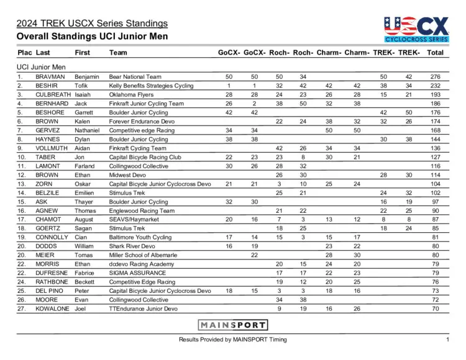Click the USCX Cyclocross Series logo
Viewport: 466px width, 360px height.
click(x=416, y=30)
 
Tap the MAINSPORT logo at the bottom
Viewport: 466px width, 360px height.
click(x=233, y=325)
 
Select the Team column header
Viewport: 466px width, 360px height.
click(x=118, y=53)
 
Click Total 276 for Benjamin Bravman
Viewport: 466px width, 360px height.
click(x=435, y=76)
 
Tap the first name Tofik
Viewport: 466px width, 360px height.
click(x=82, y=86)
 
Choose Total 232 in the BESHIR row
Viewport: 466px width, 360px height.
click(x=435, y=86)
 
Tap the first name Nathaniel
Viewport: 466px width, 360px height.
click(x=87, y=130)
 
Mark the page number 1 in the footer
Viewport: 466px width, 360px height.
click(x=447, y=340)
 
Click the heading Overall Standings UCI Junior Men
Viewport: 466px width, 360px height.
click(x=92, y=37)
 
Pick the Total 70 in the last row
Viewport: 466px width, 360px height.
click(x=435, y=308)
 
